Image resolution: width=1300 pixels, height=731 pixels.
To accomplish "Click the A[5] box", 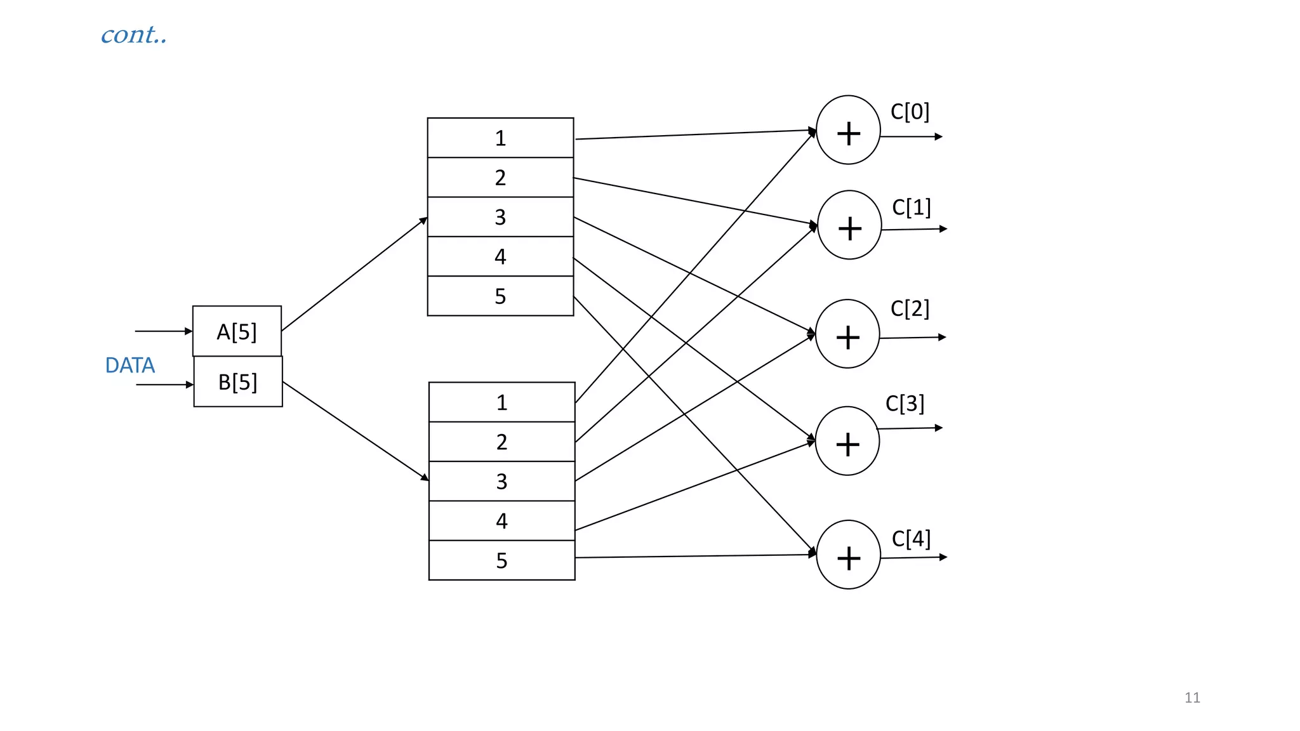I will (237, 331).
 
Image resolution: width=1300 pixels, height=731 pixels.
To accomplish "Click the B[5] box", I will (238, 382).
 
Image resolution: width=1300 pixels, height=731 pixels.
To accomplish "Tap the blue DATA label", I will (130, 365).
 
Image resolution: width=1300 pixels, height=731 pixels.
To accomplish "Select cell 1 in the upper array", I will (500, 138).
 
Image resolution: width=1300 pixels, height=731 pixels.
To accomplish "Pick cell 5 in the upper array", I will (500, 296).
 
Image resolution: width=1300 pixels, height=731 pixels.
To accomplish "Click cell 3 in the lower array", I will (501, 481).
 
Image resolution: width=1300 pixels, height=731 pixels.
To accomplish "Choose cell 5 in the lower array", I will (501, 560).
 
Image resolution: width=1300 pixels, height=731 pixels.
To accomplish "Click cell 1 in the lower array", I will (501, 402).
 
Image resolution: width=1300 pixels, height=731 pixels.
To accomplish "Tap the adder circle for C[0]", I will (848, 130).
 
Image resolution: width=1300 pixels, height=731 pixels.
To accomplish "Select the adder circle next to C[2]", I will (847, 334).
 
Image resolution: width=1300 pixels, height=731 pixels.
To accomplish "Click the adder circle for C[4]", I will (848, 555).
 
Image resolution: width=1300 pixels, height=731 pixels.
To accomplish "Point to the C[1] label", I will (911, 207).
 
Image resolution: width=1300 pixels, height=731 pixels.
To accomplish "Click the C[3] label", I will (905, 404).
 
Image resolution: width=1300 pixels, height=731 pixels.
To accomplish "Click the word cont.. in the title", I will (134, 35).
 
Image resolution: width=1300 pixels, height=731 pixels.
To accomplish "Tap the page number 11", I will (1192, 697).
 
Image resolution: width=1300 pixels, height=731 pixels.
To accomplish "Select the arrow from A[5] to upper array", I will (354, 274).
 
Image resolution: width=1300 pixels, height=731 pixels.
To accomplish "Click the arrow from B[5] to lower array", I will (355, 431).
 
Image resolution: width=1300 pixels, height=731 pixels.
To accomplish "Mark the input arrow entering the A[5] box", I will (163, 331).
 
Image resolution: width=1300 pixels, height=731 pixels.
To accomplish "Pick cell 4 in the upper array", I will (500, 256).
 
